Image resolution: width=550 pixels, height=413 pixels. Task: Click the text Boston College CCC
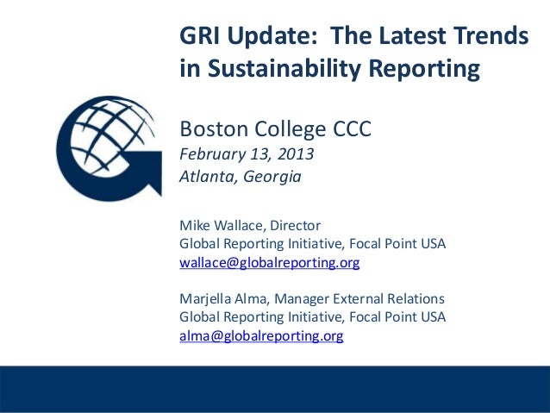(x=275, y=130)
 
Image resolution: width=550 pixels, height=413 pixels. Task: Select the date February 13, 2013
(x=246, y=156)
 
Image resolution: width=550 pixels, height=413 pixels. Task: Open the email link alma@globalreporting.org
(x=261, y=336)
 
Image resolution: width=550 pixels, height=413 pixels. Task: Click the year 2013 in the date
(x=295, y=156)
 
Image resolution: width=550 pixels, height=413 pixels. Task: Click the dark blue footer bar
(x=275, y=389)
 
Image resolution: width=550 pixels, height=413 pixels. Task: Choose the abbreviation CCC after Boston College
(x=353, y=130)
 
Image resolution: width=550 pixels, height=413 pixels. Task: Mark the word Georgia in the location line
(x=271, y=178)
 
